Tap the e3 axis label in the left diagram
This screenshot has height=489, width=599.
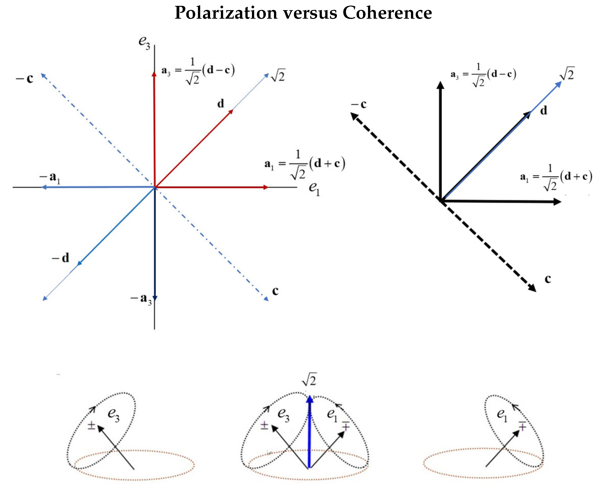pos(144,43)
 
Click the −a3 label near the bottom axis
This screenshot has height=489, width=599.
pos(141,299)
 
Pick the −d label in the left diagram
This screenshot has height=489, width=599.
pos(61,258)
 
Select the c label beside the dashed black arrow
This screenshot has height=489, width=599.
pos(547,279)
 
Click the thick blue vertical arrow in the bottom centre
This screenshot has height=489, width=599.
pos(309,434)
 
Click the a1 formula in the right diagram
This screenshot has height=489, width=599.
pos(556,178)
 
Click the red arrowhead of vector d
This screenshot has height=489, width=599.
pos(231,112)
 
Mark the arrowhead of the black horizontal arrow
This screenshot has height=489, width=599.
pos(557,202)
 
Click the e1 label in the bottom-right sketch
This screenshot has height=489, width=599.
pos(502,415)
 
